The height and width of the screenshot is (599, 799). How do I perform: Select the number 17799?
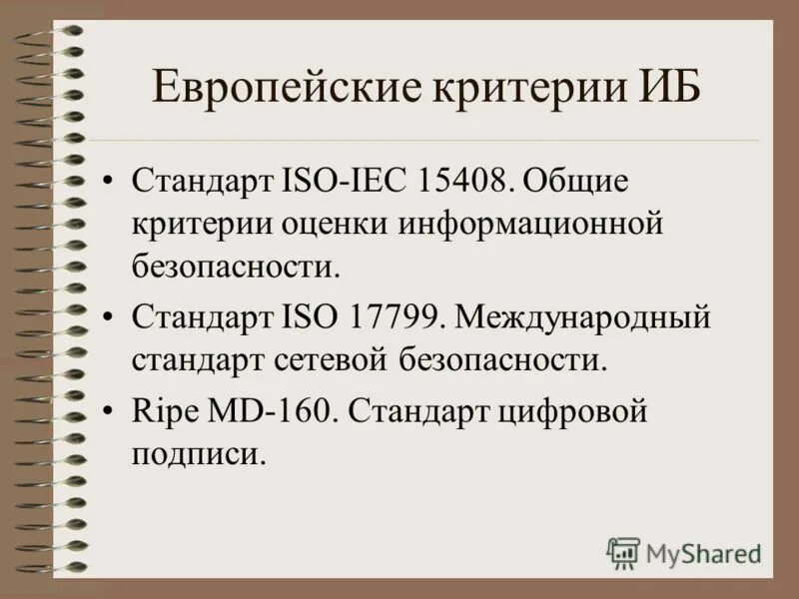point(394,318)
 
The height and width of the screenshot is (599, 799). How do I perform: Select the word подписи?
point(199,454)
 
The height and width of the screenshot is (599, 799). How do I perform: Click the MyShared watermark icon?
point(623,552)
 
